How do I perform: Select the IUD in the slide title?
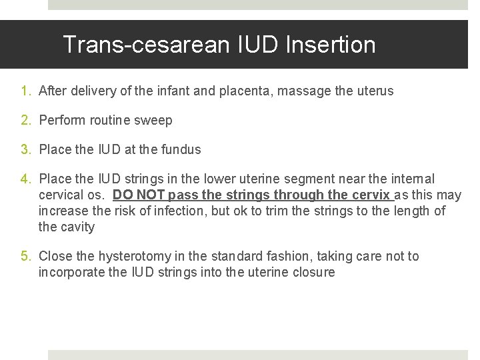pyautogui.click(x=253, y=45)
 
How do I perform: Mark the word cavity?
pyautogui.click(x=77, y=227)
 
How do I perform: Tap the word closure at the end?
pyautogui.click(x=313, y=272)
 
